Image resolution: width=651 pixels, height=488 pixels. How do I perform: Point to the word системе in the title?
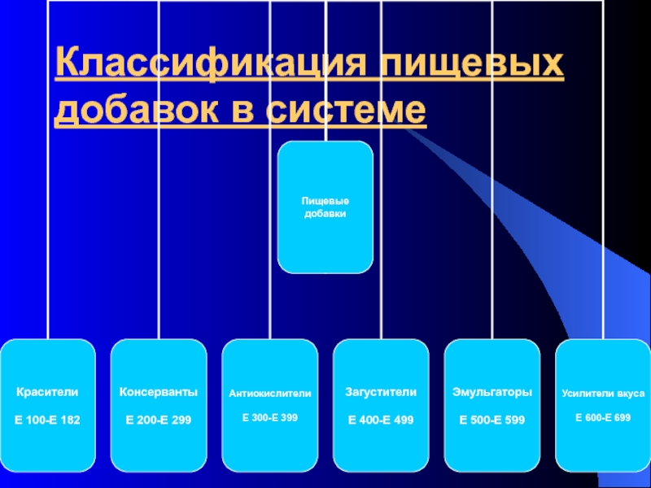pyautogui.click(x=345, y=110)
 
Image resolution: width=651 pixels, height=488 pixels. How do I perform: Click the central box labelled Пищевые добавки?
pyautogui.click(x=325, y=207)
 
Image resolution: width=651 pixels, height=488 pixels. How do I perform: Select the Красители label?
pyautogui.click(x=48, y=392)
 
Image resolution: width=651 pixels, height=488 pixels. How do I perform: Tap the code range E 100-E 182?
pyautogui.click(x=48, y=420)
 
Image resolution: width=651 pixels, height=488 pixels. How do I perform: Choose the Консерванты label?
pyautogui.click(x=159, y=392)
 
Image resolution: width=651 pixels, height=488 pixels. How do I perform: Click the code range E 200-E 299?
pyautogui.click(x=159, y=420)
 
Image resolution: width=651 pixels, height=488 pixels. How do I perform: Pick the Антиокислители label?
pyautogui.click(x=270, y=394)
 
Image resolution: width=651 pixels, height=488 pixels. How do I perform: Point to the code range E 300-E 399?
pyautogui.click(x=270, y=417)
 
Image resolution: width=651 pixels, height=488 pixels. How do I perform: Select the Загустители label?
pyautogui.click(x=382, y=392)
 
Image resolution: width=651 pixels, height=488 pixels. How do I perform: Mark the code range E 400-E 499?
pyautogui.click(x=382, y=420)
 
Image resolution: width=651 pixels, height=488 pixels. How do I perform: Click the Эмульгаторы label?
pyautogui.click(x=492, y=392)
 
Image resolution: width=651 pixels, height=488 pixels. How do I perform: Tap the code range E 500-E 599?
pyautogui.click(x=492, y=420)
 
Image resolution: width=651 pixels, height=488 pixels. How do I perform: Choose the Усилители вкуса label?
pyautogui.click(x=603, y=394)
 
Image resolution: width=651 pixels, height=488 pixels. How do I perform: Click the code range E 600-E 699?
pyautogui.click(x=603, y=417)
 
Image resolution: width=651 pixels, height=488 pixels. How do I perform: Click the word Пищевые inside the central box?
pyautogui.click(x=325, y=200)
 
